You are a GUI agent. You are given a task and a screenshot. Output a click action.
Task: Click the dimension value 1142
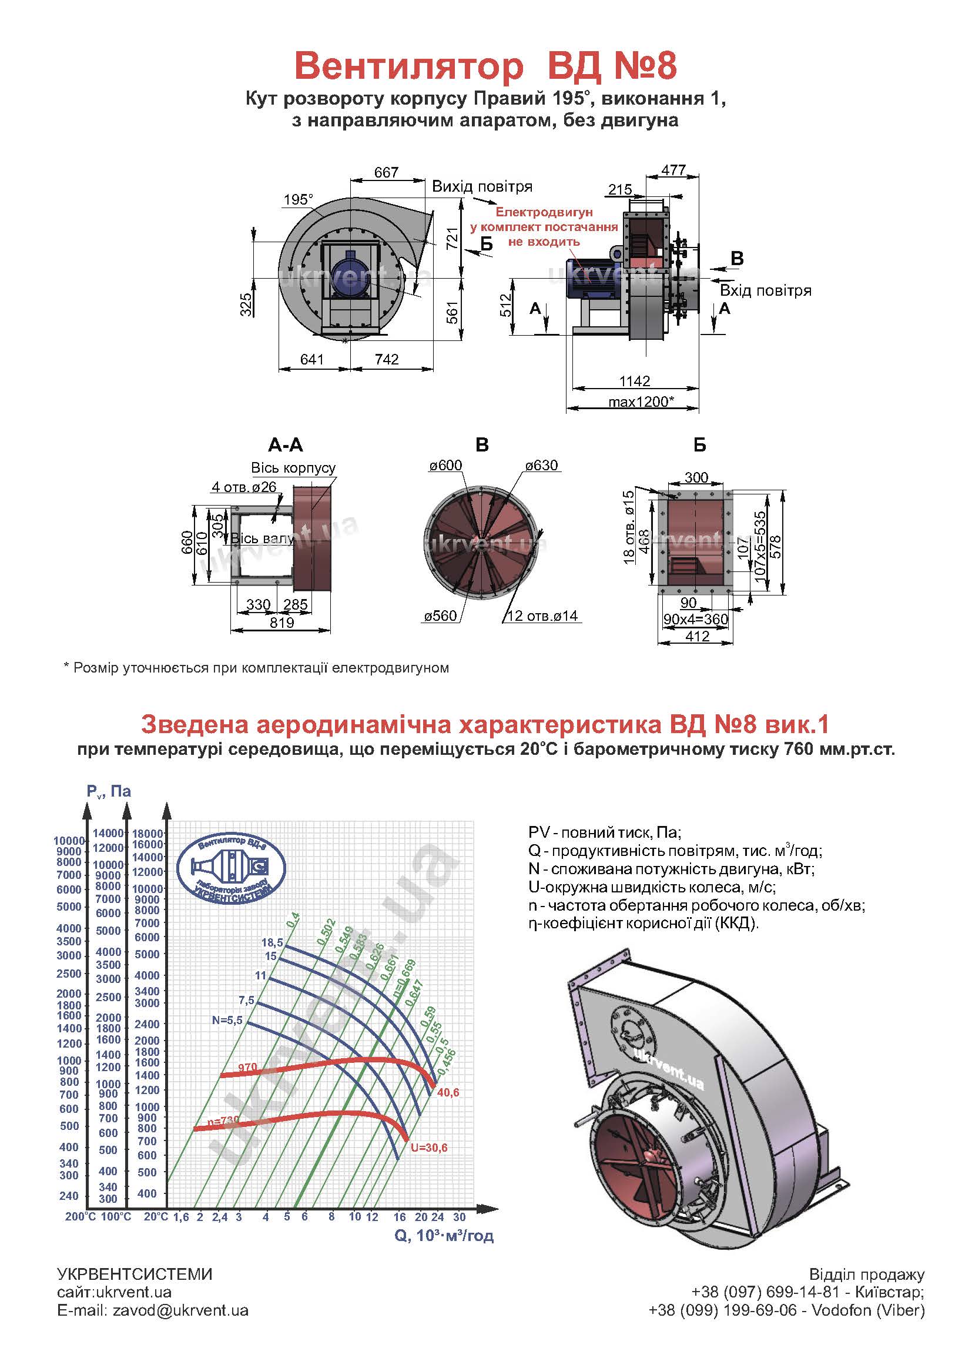tap(635, 381)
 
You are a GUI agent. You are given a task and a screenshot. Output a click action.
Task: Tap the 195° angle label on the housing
tap(298, 199)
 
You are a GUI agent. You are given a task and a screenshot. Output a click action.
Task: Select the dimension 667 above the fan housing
tap(386, 172)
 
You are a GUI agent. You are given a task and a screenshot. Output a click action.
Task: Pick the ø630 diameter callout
tap(541, 465)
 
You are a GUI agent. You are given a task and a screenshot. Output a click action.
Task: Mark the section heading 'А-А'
tap(286, 445)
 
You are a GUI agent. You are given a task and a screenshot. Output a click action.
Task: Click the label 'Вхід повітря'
tap(766, 291)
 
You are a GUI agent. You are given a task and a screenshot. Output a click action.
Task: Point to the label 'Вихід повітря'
tap(482, 187)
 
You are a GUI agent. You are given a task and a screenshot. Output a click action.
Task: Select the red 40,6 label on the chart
tap(448, 1093)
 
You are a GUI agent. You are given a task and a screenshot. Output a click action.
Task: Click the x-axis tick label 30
tap(459, 1216)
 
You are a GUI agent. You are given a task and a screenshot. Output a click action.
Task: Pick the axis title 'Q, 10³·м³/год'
tap(444, 1235)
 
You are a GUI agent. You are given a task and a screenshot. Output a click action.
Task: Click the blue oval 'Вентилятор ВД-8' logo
tap(232, 869)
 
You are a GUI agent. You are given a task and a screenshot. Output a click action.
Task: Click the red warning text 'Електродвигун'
tap(544, 213)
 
